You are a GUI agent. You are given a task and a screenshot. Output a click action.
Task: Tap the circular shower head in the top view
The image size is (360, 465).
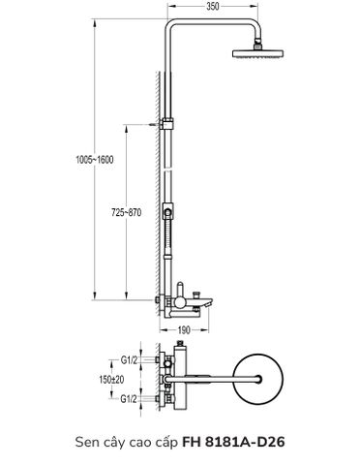click(262, 380)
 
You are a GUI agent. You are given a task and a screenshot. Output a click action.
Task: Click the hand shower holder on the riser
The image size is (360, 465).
click(168, 211)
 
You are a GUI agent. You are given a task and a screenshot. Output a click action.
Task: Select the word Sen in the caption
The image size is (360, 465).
click(89, 441)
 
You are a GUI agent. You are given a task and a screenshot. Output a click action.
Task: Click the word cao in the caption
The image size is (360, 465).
click(146, 441)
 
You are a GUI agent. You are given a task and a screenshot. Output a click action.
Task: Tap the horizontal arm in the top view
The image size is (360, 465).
click(218, 380)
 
